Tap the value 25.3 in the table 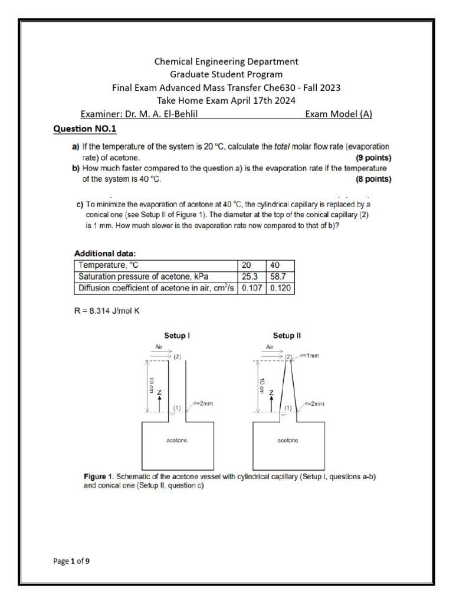tap(251, 277)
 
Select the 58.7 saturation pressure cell tap(279, 277)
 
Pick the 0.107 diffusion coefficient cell tap(251, 288)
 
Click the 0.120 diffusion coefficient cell tap(280, 288)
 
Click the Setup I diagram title tap(177, 336)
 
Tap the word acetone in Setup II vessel tap(287, 440)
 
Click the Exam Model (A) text tap(339, 114)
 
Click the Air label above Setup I tap(158, 347)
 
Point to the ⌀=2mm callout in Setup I tap(203, 403)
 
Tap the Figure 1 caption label tap(97, 475)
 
